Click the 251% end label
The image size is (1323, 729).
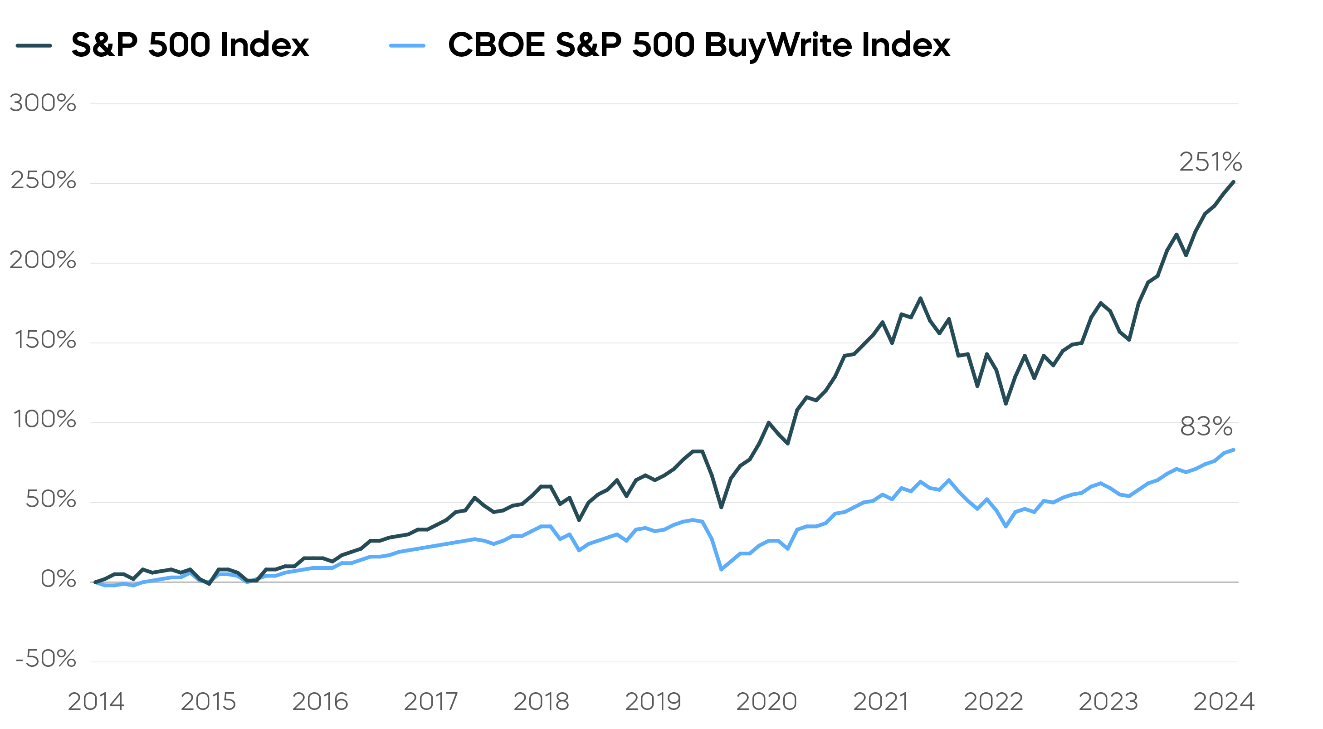tap(1210, 162)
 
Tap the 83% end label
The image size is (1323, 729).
tap(1206, 426)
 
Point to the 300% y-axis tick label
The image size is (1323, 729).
tap(43, 103)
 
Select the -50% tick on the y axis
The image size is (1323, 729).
tap(46, 659)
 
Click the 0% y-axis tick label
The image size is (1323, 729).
tap(58, 579)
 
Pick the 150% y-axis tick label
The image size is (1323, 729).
tap(45, 340)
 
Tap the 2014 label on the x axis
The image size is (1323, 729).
tap(96, 702)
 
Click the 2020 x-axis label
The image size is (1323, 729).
tap(766, 702)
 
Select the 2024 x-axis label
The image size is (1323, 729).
tap(1223, 702)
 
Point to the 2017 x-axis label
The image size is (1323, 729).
tap(430, 702)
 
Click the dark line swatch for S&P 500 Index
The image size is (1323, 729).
tap(34, 46)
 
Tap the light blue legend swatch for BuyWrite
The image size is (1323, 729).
tap(407, 46)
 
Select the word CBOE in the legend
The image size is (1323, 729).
tap(496, 45)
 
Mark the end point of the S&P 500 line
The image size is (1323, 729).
tap(1233, 182)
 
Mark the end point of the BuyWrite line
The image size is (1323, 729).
tap(1233, 450)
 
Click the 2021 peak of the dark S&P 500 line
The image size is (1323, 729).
tap(920, 298)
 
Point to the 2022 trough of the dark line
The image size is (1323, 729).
tap(1006, 404)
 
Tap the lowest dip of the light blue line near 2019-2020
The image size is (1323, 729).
tap(722, 569)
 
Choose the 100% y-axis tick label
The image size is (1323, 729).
tap(44, 420)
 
